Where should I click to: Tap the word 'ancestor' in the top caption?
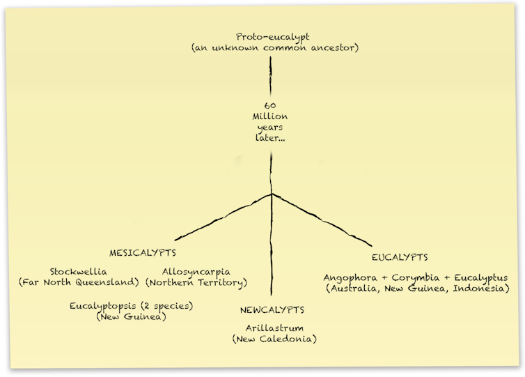(327, 47)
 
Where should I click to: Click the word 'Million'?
(270, 116)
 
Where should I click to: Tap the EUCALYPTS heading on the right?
(399, 257)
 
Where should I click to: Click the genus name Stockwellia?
(79, 271)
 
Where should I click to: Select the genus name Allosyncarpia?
(196, 271)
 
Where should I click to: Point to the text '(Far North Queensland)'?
(79, 282)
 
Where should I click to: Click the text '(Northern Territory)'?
(196, 282)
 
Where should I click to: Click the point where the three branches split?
(272, 193)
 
